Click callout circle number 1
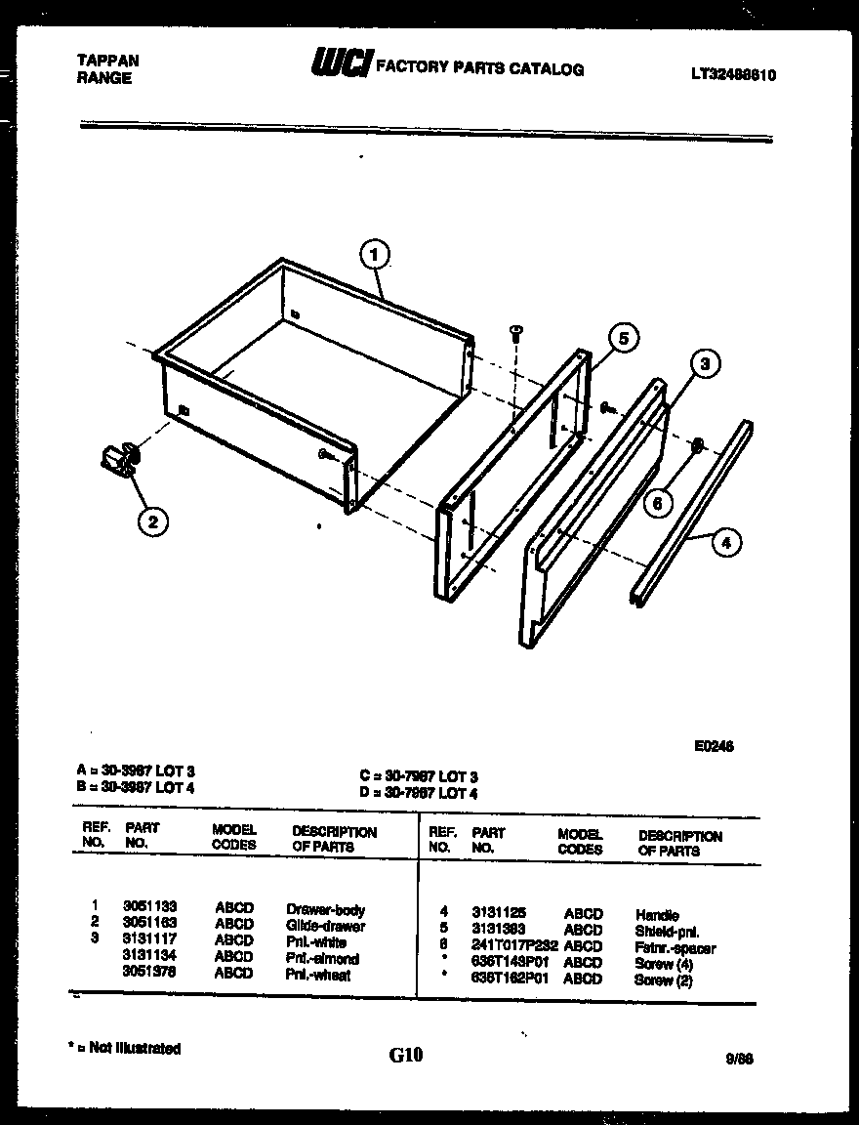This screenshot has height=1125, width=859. click(374, 256)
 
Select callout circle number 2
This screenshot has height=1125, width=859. click(151, 522)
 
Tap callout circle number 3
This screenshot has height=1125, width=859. click(705, 365)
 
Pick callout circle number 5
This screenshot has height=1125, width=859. click(624, 338)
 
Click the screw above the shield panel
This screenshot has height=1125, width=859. click(516, 334)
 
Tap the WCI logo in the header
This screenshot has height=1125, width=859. click(340, 64)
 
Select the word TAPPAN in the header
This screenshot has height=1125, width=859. click(107, 61)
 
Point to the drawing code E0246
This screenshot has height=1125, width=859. click(714, 747)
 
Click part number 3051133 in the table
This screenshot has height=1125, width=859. click(149, 907)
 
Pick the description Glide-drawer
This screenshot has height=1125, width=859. click(325, 925)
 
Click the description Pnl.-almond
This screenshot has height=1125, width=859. click(322, 958)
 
